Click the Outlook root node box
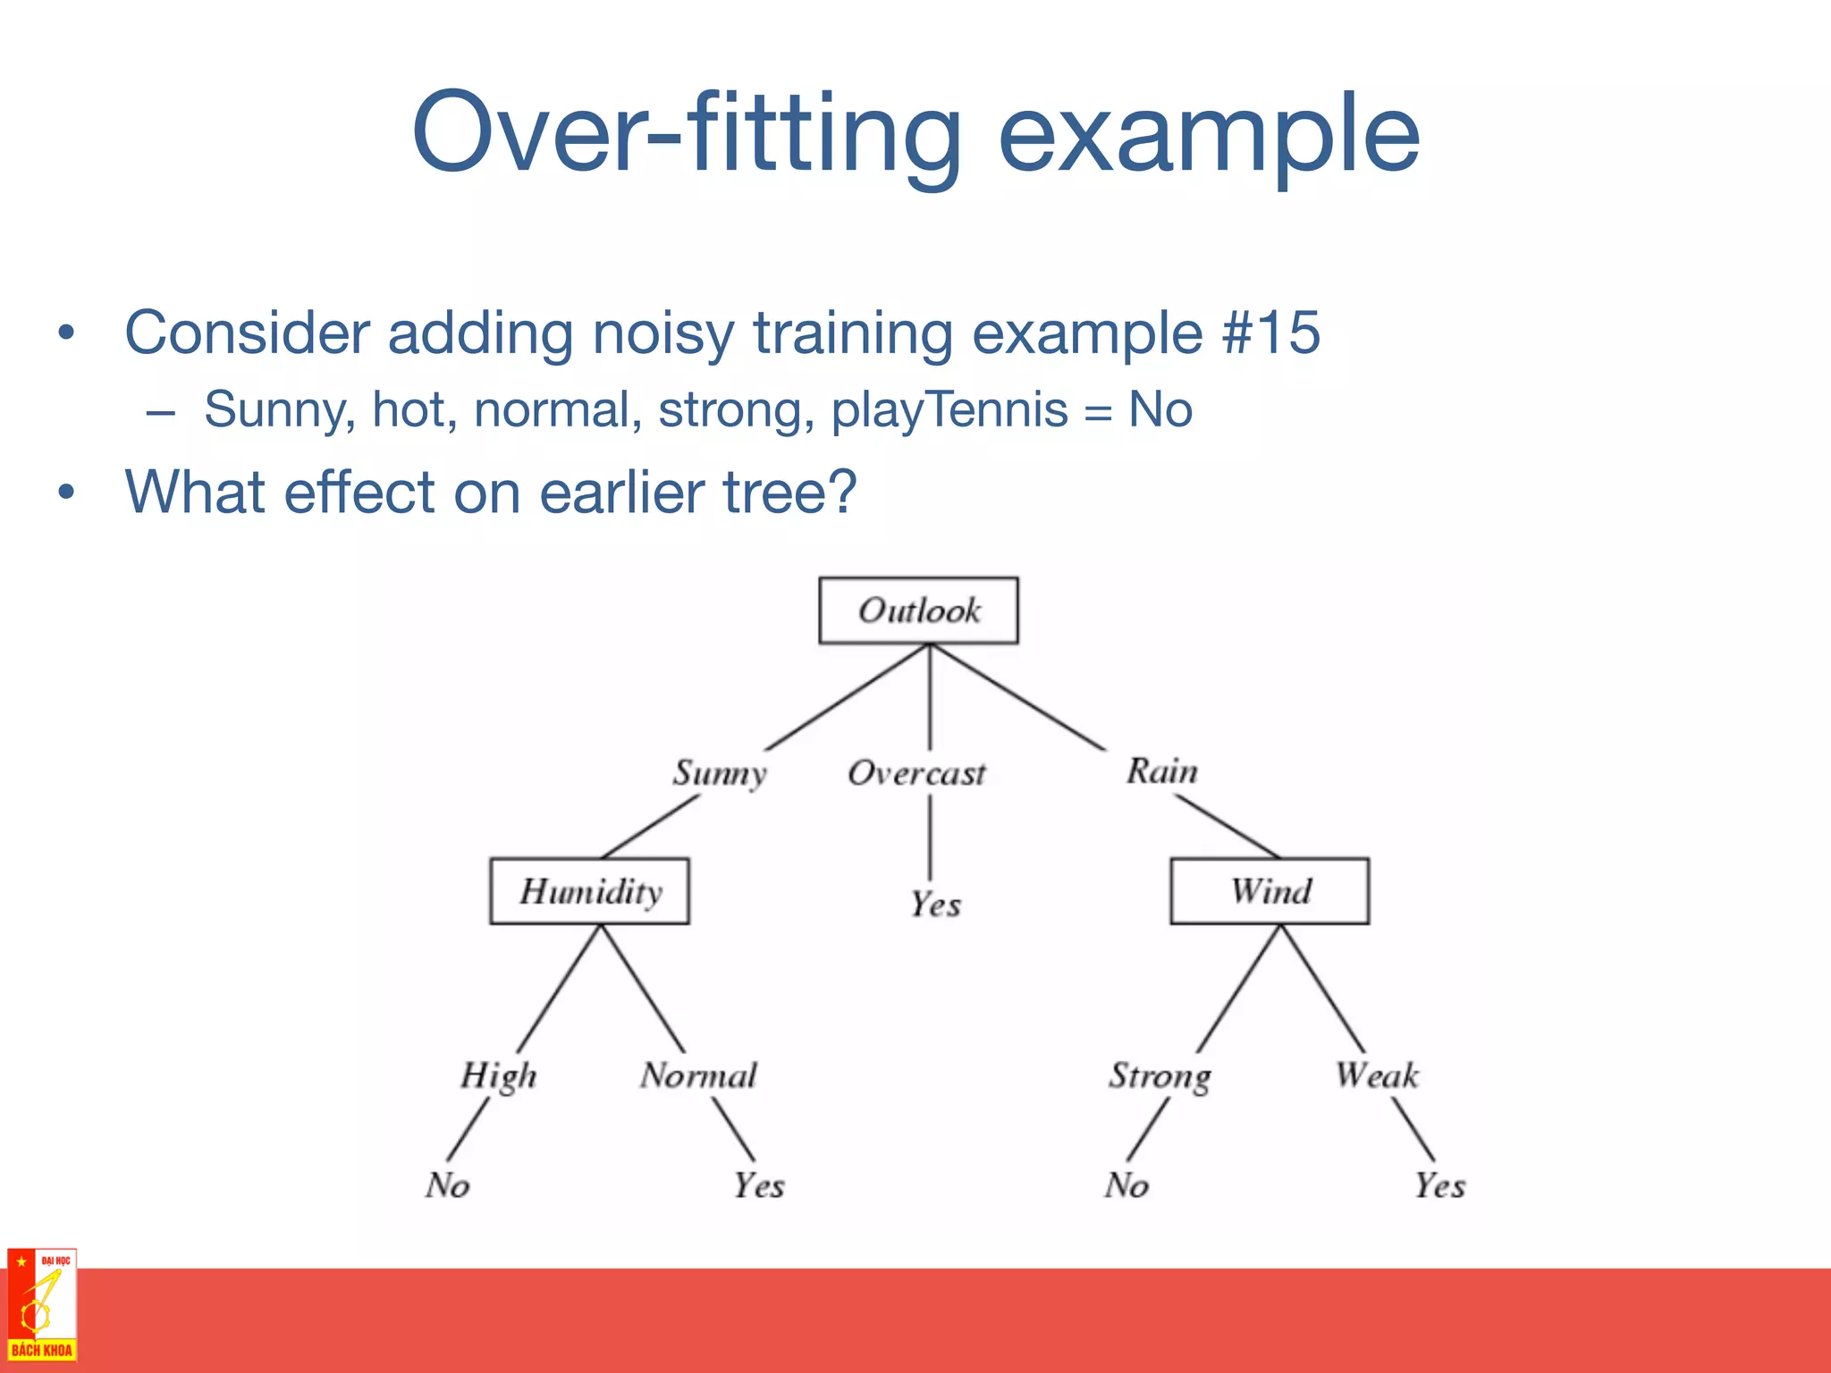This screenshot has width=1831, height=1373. [918, 611]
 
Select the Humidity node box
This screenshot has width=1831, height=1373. [589, 891]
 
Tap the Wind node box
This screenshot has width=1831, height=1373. [1270, 891]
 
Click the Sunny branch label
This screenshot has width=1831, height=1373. [720, 773]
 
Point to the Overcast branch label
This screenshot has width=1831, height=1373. [916, 773]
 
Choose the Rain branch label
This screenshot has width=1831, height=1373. [1161, 771]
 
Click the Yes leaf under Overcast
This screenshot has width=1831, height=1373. [935, 905]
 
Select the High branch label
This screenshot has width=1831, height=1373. [499, 1075]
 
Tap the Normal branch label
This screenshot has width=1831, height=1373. [698, 1075]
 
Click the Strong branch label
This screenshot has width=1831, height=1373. [1160, 1075]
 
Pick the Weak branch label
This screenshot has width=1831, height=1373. [1377, 1075]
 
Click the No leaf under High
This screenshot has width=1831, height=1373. [447, 1185]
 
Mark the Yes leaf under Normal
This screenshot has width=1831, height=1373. [759, 1186]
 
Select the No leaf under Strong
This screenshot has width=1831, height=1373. [1126, 1185]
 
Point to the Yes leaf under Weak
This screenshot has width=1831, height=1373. [1439, 1186]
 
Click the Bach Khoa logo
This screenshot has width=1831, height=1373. [41, 1305]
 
